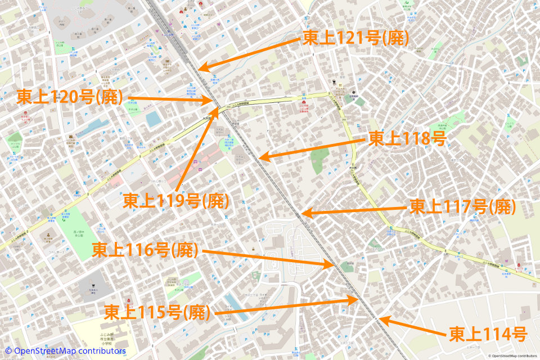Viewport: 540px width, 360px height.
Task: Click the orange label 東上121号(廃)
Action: (355, 38)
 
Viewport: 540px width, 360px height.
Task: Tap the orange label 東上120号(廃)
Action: (70, 97)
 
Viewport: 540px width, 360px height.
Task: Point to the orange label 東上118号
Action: (407, 138)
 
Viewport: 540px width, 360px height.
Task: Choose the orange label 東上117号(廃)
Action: (462, 207)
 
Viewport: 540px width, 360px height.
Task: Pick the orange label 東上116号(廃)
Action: (145, 249)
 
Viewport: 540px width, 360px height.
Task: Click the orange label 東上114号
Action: (488, 335)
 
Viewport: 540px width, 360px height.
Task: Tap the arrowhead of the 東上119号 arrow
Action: (215, 106)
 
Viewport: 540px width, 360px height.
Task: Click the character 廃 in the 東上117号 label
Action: (502, 207)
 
